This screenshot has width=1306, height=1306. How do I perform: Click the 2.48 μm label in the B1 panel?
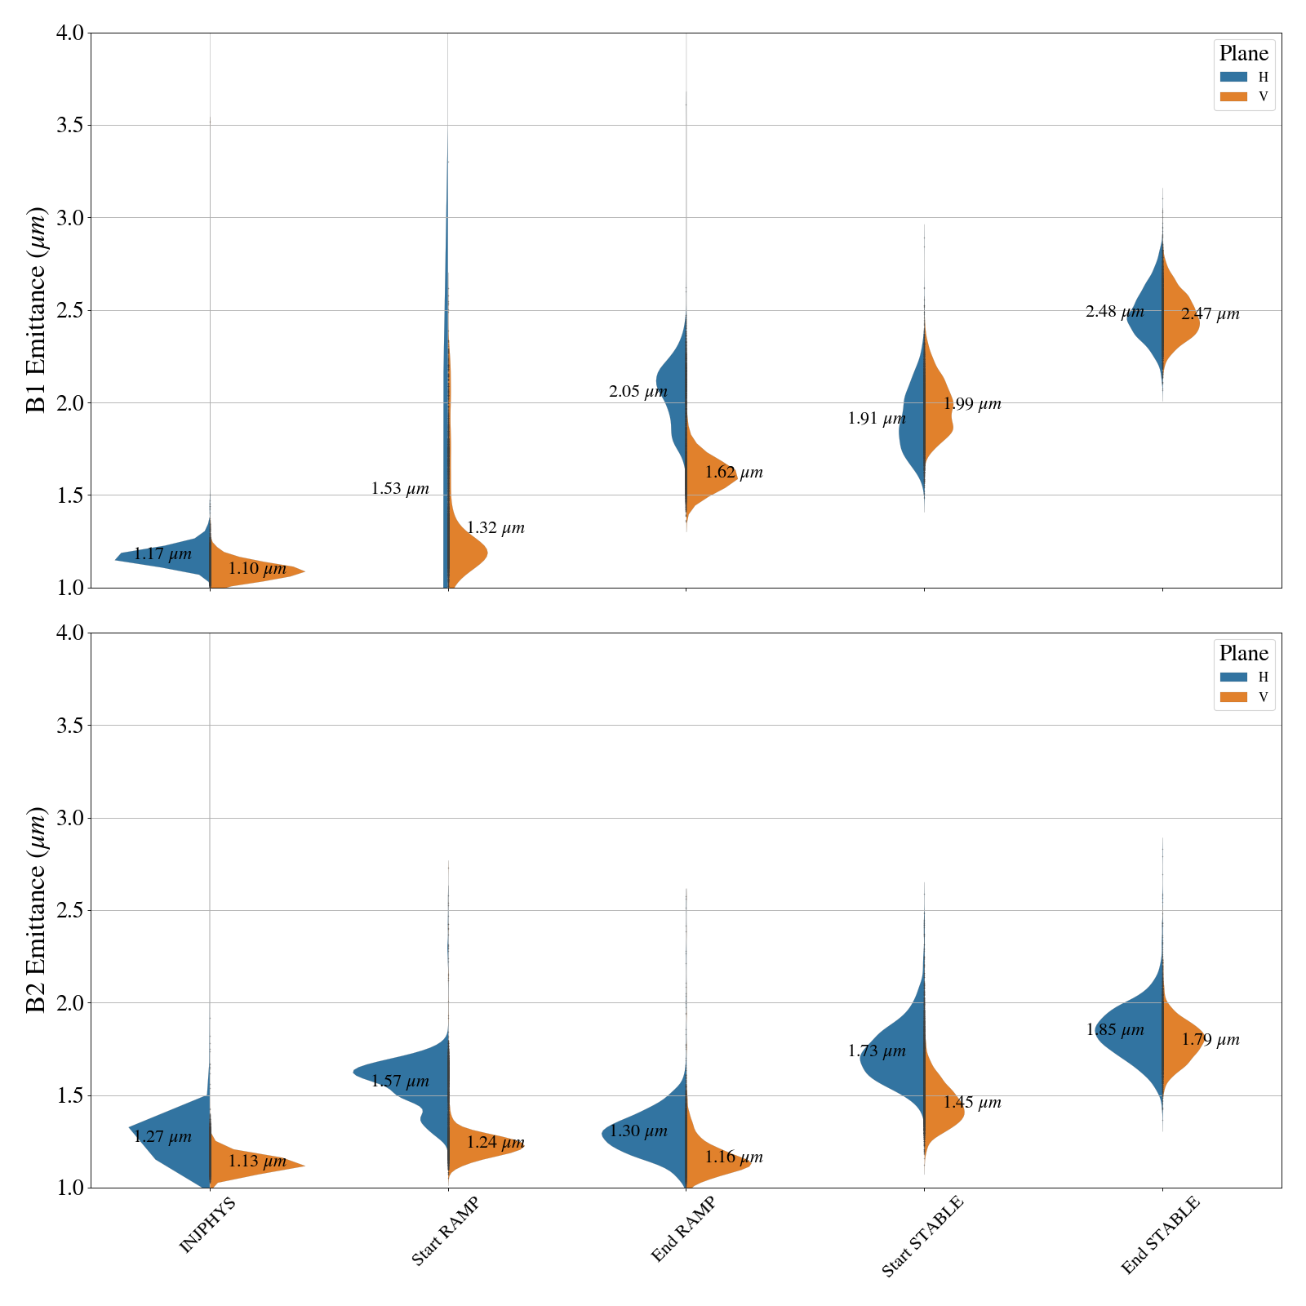pos(1114,312)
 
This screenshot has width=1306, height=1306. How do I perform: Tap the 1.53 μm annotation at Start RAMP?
pos(400,489)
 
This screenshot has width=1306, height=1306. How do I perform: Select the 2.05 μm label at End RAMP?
pos(638,392)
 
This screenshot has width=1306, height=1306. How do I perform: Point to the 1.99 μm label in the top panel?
pos(972,404)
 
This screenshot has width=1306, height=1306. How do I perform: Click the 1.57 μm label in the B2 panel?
pos(400,1082)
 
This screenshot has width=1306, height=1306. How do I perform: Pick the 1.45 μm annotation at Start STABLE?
pos(972,1103)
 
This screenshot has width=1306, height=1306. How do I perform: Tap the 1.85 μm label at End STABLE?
pos(1115,1030)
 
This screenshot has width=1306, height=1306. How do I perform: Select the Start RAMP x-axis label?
pos(445,1232)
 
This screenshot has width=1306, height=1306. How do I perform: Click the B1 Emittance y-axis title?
pos(37,310)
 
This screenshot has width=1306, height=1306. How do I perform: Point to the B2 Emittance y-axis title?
pos(37,910)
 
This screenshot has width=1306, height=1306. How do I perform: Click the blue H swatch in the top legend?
pos(1233,77)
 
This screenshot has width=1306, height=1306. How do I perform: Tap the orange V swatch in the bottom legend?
pos(1233,697)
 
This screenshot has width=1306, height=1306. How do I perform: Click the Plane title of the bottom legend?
pos(1243,654)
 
